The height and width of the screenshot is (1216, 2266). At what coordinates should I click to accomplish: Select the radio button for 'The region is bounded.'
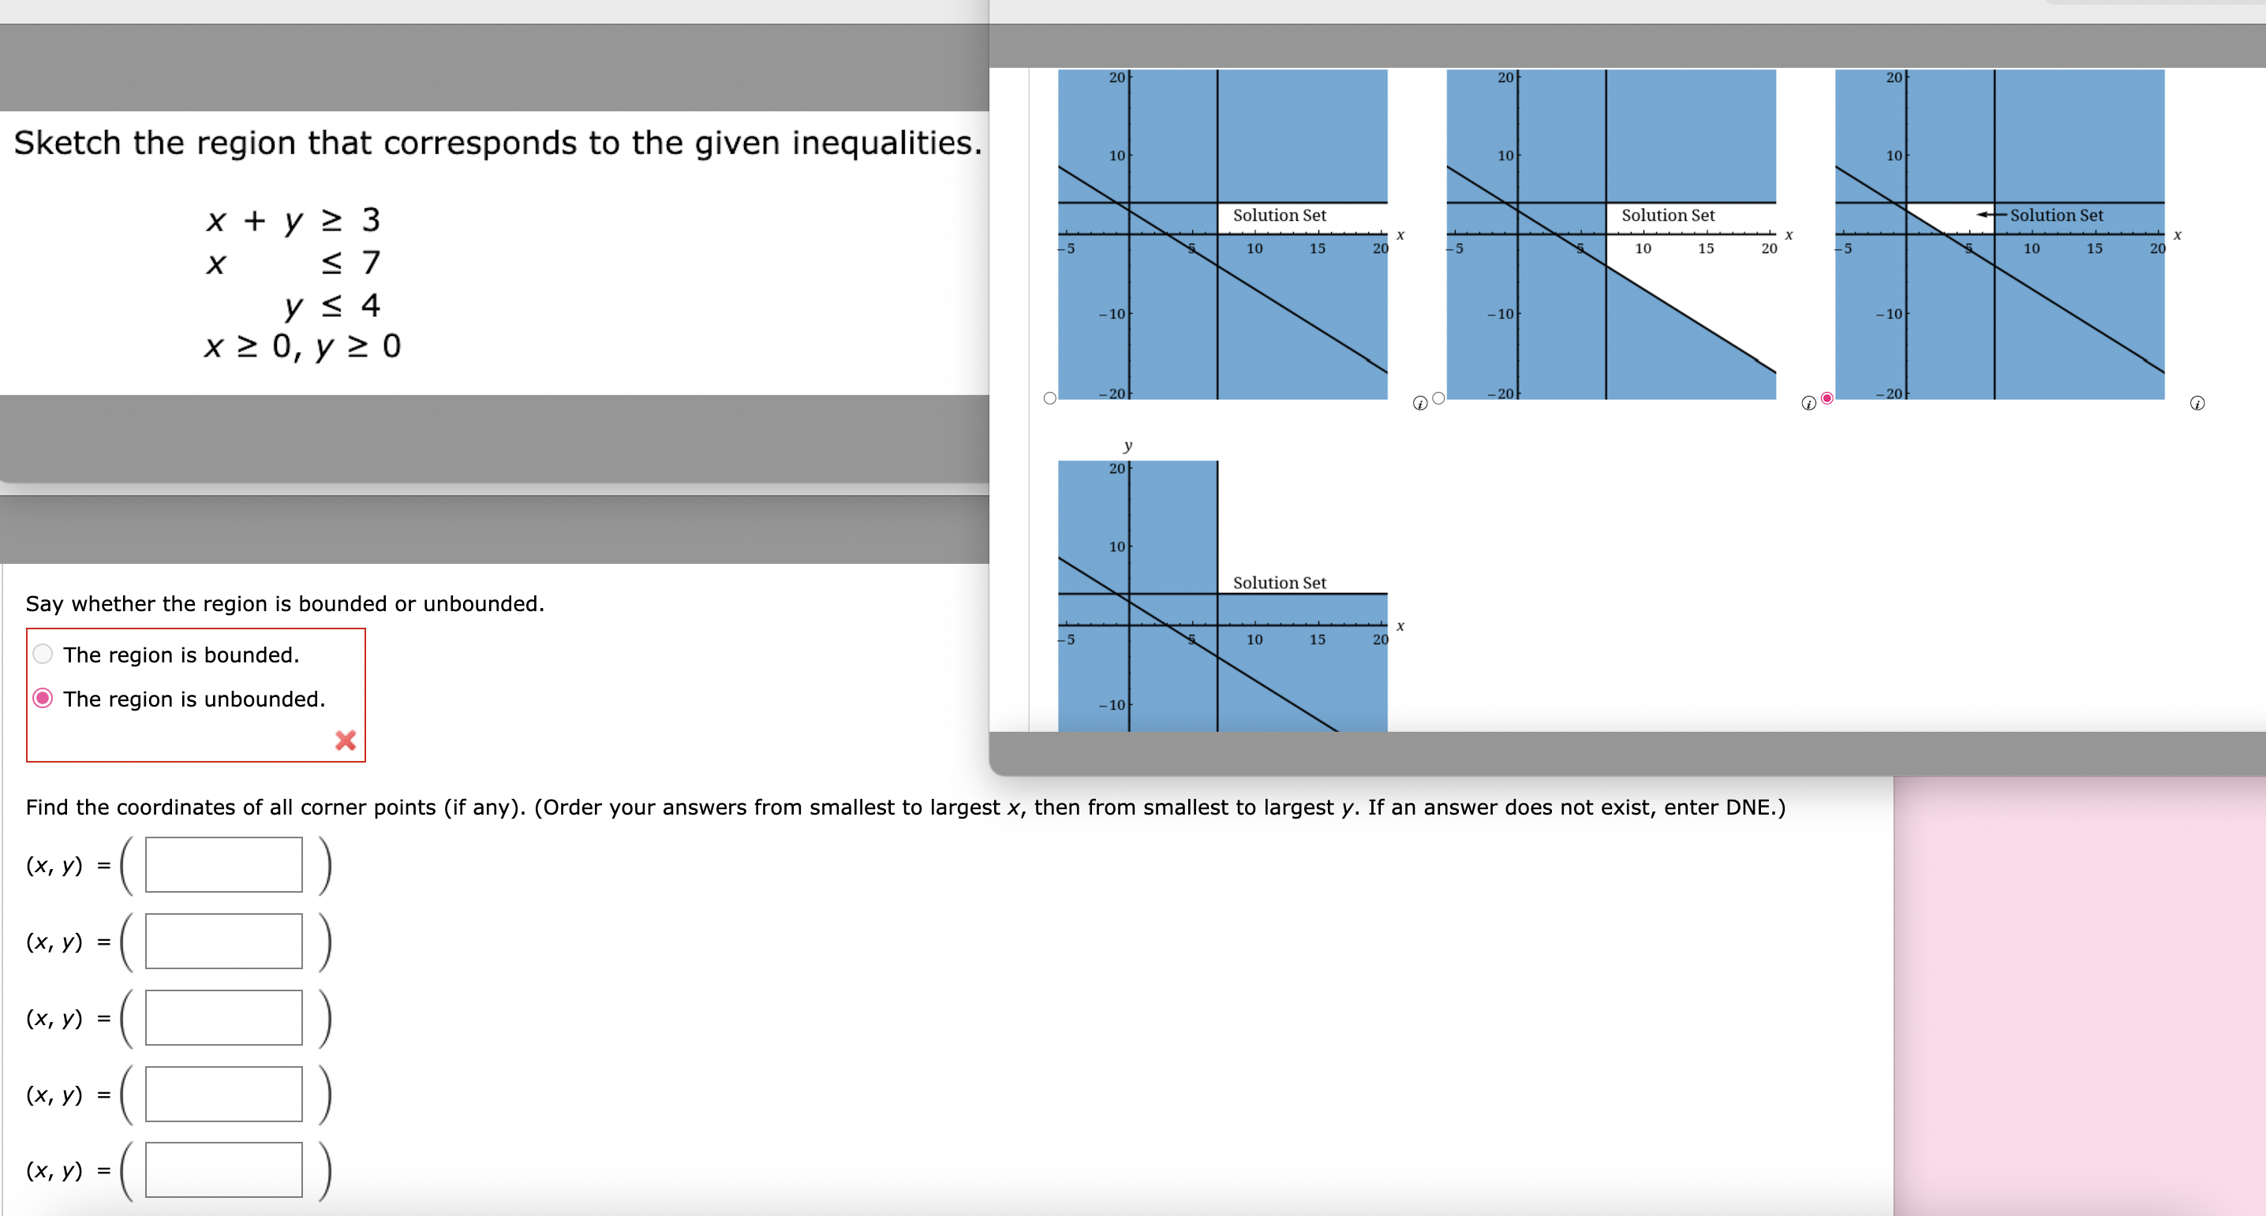[43, 655]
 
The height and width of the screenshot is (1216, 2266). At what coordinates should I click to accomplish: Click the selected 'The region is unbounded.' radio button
[43, 698]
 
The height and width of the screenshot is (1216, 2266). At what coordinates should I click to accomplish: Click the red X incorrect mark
[346, 740]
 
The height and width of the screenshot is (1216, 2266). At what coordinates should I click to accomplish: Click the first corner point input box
[223, 865]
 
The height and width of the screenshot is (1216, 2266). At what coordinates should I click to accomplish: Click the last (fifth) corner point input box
[223, 1170]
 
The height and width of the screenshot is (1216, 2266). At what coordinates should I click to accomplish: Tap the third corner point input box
[223, 1018]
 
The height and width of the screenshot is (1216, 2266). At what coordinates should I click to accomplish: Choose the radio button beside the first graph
[1049, 398]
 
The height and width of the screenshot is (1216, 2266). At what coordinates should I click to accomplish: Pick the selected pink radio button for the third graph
[1827, 398]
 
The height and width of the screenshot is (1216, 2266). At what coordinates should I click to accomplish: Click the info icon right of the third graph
[2197, 404]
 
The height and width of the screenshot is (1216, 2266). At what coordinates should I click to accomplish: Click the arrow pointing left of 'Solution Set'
[1991, 214]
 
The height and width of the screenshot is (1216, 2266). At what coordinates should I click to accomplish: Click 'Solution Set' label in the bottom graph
[1279, 583]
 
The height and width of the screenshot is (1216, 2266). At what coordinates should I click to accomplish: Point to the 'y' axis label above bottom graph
[1127, 446]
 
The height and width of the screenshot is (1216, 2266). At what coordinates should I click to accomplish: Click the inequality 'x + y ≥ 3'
[293, 220]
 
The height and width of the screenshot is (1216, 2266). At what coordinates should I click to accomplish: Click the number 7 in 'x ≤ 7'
[371, 262]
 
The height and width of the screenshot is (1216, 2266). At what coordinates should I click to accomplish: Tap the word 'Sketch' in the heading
[67, 143]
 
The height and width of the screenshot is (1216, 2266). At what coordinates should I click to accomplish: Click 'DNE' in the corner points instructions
[1747, 808]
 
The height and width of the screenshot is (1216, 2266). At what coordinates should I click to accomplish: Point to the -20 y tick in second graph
[1501, 393]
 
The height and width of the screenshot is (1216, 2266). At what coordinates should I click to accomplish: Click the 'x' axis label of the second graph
[1789, 236]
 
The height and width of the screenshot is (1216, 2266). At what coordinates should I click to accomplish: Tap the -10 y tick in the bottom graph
[1112, 705]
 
